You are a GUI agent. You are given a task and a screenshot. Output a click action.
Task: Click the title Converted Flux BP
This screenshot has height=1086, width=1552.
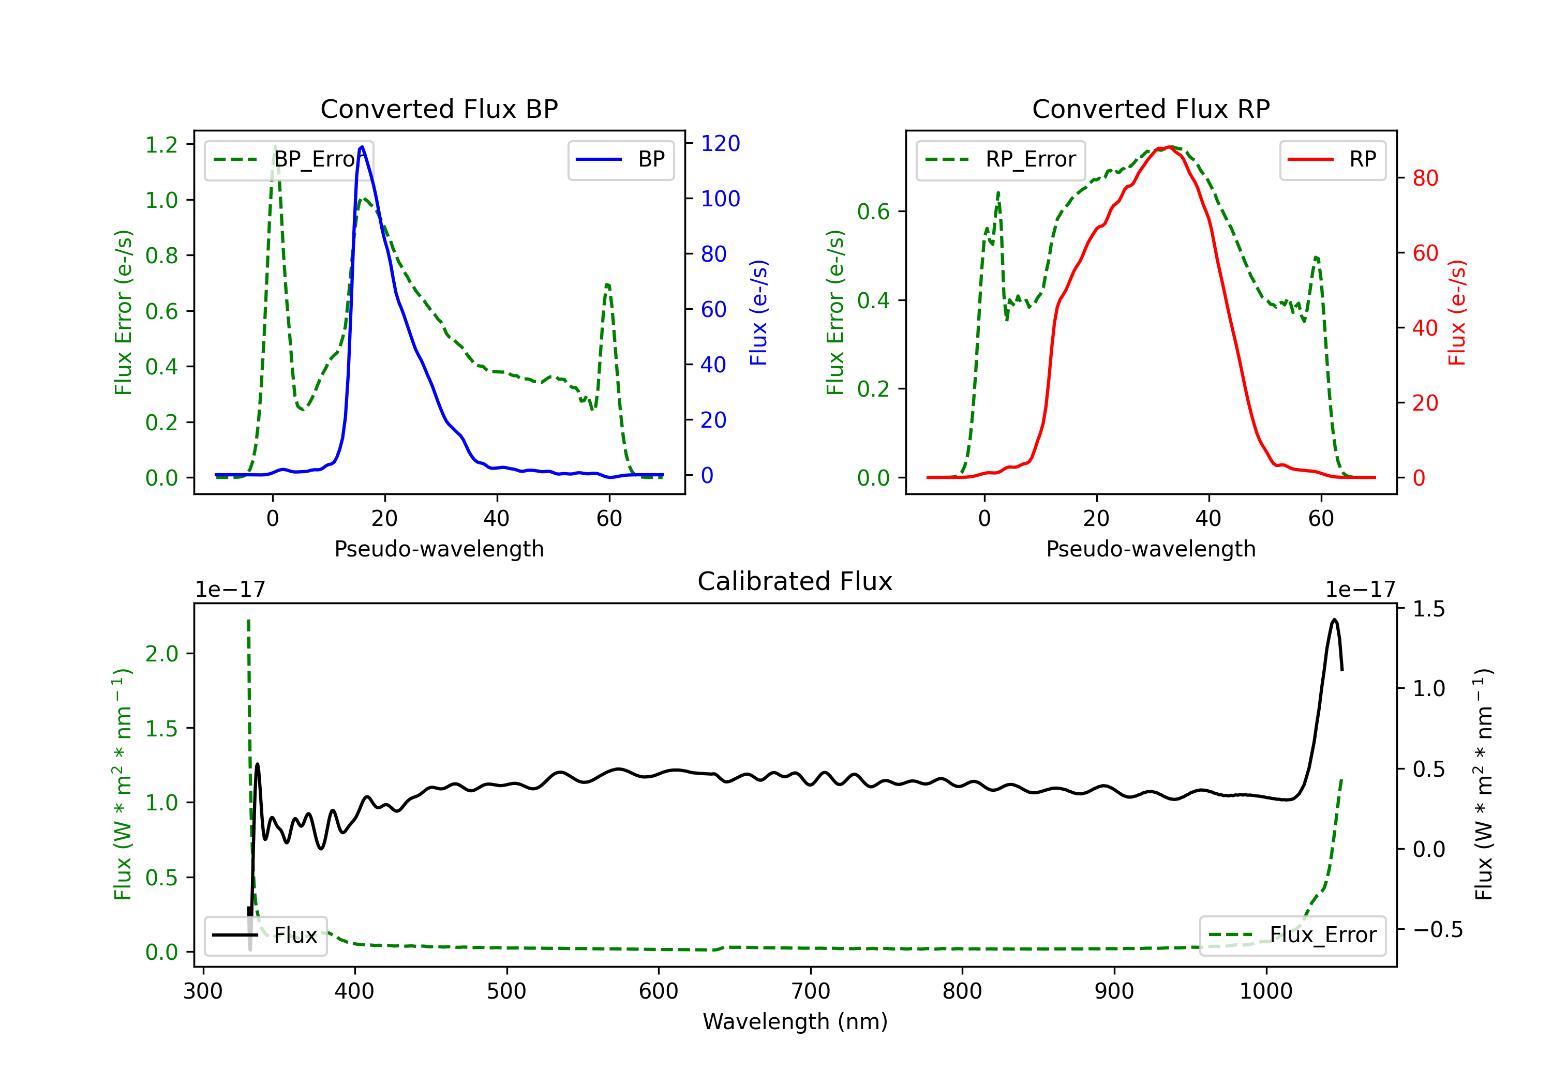click(x=439, y=109)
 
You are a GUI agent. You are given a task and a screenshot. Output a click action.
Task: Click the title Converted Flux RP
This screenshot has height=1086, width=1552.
click(x=1151, y=109)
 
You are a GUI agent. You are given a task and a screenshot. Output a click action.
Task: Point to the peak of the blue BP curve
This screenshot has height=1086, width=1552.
click(x=362, y=147)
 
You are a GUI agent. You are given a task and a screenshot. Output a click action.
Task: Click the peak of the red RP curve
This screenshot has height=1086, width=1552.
click(x=1169, y=147)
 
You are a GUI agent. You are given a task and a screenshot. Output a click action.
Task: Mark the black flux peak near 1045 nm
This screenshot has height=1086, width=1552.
click(x=1334, y=619)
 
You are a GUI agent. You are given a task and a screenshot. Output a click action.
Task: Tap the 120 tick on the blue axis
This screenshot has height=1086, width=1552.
click(x=720, y=143)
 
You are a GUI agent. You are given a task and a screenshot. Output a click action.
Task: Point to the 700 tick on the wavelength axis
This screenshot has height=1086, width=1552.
click(x=811, y=991)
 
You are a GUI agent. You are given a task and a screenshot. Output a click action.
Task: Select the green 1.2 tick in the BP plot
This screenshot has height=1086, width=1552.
click(x=161, y=145)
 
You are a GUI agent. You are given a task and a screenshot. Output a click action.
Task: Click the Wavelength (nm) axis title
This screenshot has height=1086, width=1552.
click(x=795, y=1021)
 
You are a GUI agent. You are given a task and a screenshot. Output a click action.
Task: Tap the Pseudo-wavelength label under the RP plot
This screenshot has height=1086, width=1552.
click(x=1151, y=549)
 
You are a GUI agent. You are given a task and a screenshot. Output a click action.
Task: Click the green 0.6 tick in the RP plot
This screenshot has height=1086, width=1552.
click(x=873, y=212)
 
